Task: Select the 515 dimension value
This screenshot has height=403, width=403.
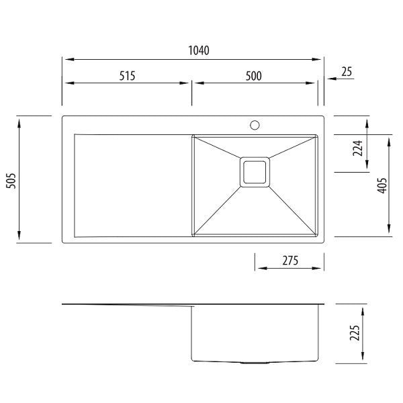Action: click(x=128, y=75)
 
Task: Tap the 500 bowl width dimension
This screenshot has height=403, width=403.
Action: click(x=253, y=75)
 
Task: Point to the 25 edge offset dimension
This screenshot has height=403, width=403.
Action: click(x=347, y=72)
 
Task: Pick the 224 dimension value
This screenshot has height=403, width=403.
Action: click(x=357, y=148)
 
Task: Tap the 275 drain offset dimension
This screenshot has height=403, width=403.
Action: click(x=289, y=260)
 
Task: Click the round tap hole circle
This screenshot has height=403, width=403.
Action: click(x=255, y=124)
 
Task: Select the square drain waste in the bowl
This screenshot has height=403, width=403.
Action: click(x=255, y=171)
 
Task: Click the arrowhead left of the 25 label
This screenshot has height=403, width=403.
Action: click(x=330, y=79)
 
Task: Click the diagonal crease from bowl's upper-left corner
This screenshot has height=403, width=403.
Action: click(x=216, y=147)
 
